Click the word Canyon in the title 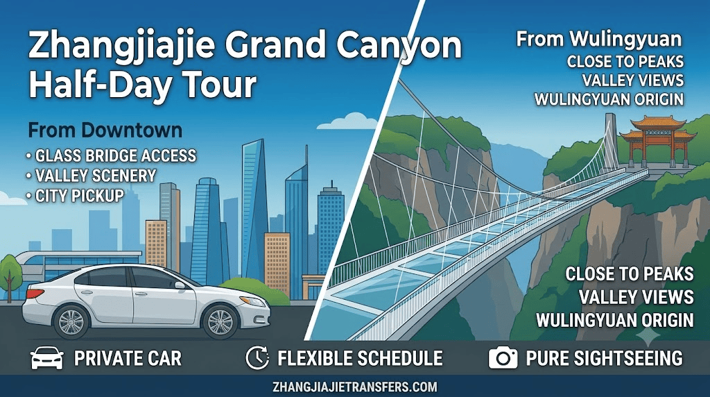click(398, 47)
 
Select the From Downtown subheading click(105, 130)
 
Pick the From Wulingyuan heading click(599, 40)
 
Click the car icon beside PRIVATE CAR click(47, 358)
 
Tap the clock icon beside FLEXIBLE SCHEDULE click(257, 358)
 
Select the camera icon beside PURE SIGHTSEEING click(503, 358)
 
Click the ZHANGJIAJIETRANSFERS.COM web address click(355, 387)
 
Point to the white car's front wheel click(220, 322)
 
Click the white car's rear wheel click(71, 322)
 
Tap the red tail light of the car click(35, 294)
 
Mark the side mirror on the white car click(180, 285)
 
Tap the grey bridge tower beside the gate click(612, 140)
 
